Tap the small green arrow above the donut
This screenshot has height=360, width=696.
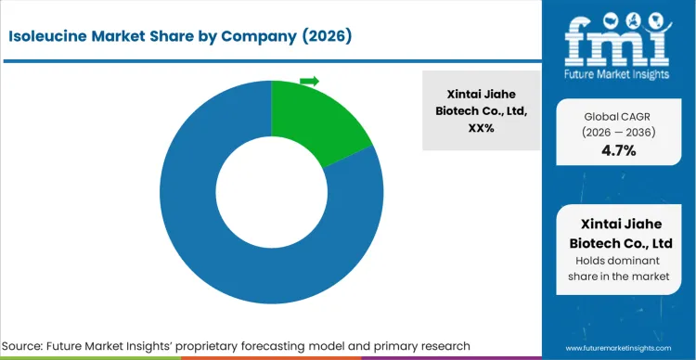tap(309, 82)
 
